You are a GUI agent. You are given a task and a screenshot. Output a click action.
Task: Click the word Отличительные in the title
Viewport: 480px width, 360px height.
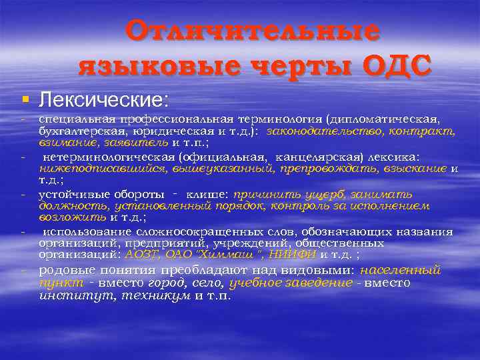click(x=253, y=31)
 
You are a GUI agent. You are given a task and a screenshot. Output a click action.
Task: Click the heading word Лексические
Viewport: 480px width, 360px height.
click(x=103, y=100)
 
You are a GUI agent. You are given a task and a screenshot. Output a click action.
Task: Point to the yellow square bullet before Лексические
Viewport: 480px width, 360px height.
click(x=25, y=100)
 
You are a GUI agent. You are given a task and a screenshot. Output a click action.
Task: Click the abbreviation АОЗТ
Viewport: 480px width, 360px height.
click(x=141, y=253)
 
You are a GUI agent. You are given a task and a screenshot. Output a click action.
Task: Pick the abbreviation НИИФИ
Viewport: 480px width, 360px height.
click(x=297, y=253)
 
